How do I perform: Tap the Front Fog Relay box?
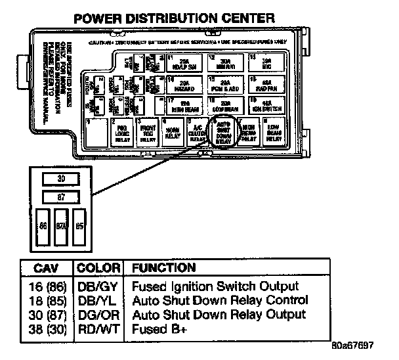147,133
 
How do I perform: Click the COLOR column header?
98,268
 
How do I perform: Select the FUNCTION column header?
163,268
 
